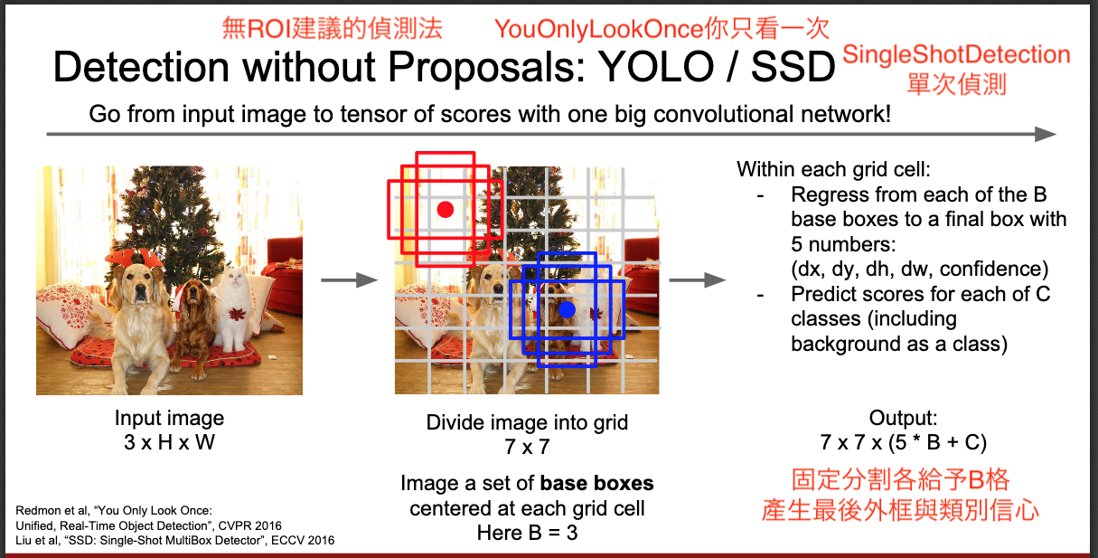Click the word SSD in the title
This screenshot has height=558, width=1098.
click(x=793, y=67)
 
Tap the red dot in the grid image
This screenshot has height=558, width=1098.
click(x=446, y=210)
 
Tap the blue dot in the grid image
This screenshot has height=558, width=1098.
click(x=568, y=309)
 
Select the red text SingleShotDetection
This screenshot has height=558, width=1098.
click(x=956, y=54)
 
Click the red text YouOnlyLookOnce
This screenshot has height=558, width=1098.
click(x=598, y=29)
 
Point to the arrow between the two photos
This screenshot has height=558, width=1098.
click(x=349, y=280)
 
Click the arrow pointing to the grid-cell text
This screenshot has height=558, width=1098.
click(x=697, y=280)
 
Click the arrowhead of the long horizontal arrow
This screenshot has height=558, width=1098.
click(x=1045, y=134)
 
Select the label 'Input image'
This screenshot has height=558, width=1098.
click(x=169, y=418)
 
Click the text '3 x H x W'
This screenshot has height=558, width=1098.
click(x=169, y=442)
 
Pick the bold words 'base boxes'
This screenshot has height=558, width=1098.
click(x=596, y=484)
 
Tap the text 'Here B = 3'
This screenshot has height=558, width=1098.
click(x=527, y=533)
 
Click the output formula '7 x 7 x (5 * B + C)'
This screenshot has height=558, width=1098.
click(x=903, y=442)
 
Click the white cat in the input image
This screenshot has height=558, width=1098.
click(x=238, y=309)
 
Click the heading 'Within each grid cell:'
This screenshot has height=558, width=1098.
click(x=833, y=170)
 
